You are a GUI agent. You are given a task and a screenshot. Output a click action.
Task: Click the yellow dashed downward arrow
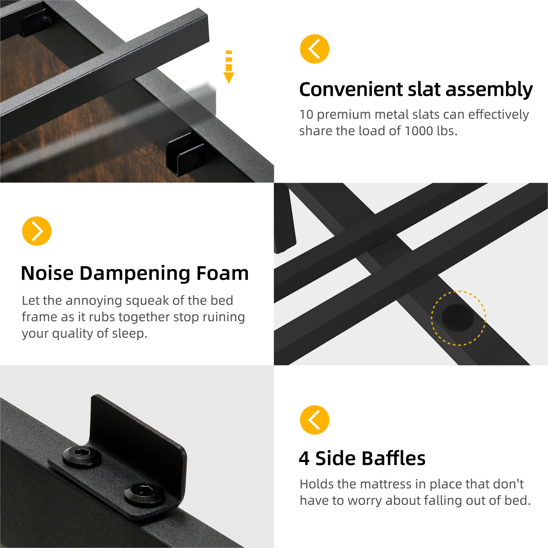[x=229, y=67]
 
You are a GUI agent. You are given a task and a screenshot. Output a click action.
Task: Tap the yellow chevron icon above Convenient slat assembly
[x=315, y=49]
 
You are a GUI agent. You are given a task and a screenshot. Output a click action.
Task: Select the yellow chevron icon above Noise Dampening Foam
[x=37, y=231]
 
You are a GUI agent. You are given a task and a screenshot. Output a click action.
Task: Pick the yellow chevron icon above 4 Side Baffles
[x=315, y=420]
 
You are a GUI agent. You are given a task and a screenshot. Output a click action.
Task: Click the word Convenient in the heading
[x=351, y=90]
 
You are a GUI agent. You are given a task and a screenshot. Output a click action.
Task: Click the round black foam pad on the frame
[x=457, y=317]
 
